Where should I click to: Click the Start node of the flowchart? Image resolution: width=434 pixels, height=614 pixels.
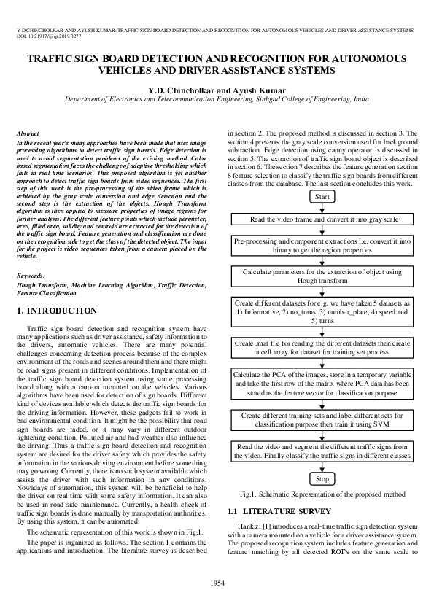[322, 197]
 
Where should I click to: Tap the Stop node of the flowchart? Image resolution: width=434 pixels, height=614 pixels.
[322, 479]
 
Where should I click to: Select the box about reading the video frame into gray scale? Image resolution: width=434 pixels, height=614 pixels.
[322, 219]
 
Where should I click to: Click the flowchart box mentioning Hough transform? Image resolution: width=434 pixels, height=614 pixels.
[322, 277]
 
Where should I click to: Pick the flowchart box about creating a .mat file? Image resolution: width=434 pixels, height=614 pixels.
[322, 347]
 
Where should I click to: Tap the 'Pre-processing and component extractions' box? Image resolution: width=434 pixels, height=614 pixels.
[322, 246]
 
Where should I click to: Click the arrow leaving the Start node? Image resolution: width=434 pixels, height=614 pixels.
[322, 209]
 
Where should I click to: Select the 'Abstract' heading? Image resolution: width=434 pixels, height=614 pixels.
[27, 134]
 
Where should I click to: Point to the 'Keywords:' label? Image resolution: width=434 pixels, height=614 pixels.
[31, 276]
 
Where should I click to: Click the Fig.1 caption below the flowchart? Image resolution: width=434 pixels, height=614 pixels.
[322, 494]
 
